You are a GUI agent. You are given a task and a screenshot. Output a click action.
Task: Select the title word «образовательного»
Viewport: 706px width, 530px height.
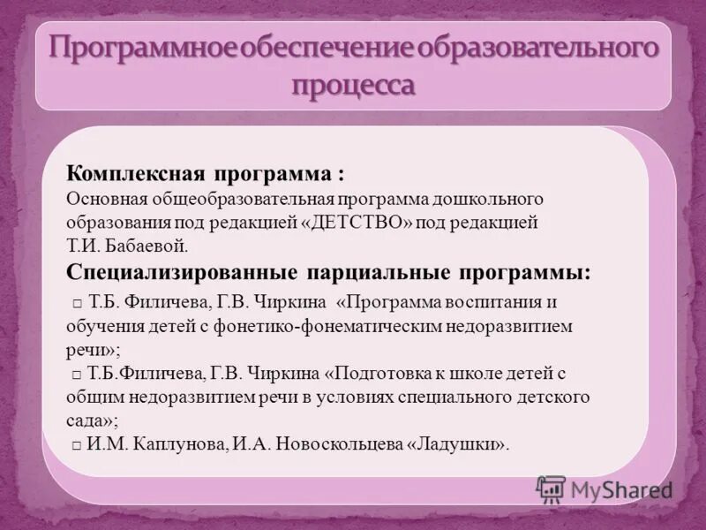pos(538,48)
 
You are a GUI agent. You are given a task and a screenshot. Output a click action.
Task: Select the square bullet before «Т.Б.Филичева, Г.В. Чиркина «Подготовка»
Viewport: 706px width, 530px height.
pos(78,375)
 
